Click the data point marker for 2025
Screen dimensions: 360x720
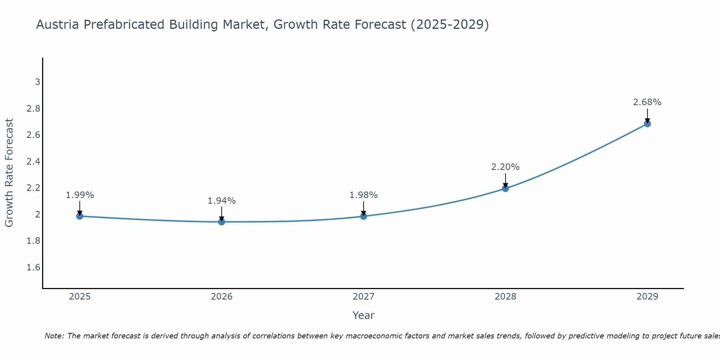point(80,216)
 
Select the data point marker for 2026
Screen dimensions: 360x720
point(222,222)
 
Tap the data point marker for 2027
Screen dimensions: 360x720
point(364,216)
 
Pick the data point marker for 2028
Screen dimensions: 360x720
point(505,188)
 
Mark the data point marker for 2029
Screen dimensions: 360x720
point(647,124)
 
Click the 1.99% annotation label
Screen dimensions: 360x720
point(80,195)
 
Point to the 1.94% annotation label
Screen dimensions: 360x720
point(222,201)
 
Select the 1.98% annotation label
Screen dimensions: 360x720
point(364,195)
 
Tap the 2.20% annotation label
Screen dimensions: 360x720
point(505,167)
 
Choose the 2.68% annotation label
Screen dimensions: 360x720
point(647,102)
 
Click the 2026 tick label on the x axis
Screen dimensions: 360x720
point(222,297)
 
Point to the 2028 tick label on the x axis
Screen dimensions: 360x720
point(505,297)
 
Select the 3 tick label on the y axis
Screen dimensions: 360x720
point(37,82)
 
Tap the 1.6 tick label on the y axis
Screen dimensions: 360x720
point(33,267)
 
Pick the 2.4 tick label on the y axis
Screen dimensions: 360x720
point(33,162)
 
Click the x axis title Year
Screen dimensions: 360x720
point(364,315)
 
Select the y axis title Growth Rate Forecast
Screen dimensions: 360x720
point(9,173)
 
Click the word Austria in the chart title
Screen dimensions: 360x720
point(58,25)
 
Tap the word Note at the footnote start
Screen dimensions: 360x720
point(54,336)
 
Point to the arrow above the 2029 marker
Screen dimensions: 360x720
point(647,115)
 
